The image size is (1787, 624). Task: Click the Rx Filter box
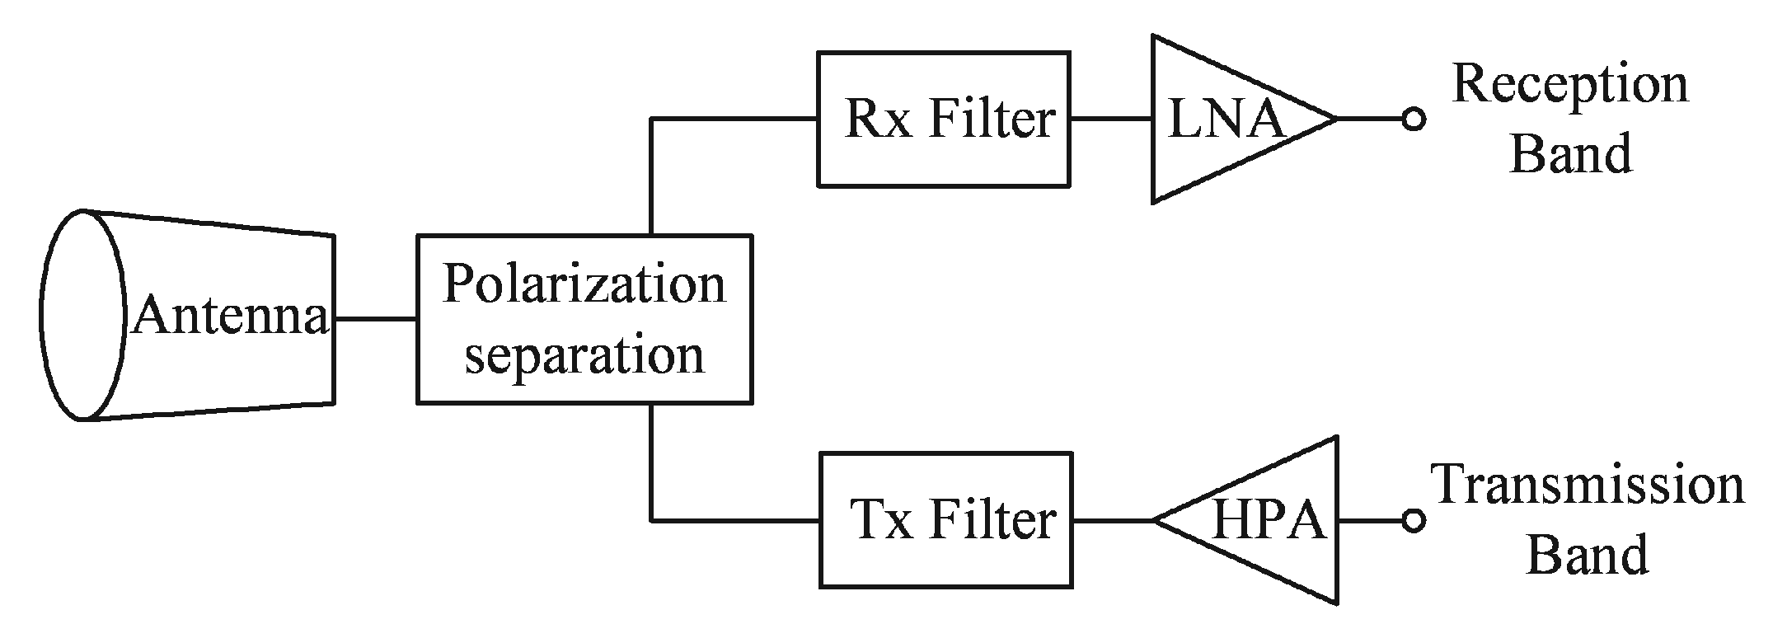[943, 120]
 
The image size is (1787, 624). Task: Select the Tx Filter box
[945, 520]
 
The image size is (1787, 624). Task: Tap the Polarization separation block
[584, 319]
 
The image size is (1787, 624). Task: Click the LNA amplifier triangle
[1220, 120]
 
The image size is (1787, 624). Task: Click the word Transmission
[1588, 486]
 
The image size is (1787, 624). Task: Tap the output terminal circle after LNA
[1413, 120]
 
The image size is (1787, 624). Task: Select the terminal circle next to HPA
[1413, 521]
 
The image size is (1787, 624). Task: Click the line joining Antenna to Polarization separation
[375, 319]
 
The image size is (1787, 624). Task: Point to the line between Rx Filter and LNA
[1110, 120]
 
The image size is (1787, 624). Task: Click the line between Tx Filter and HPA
[1112, 521]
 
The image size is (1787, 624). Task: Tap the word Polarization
[584, 285]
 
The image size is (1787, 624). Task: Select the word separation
[584, 354]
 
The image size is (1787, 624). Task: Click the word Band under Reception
[1569, 154]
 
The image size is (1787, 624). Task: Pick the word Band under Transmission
[1588, 554]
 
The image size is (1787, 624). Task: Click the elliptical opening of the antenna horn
[82, 315]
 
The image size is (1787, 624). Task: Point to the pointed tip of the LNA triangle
[1334, 120]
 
